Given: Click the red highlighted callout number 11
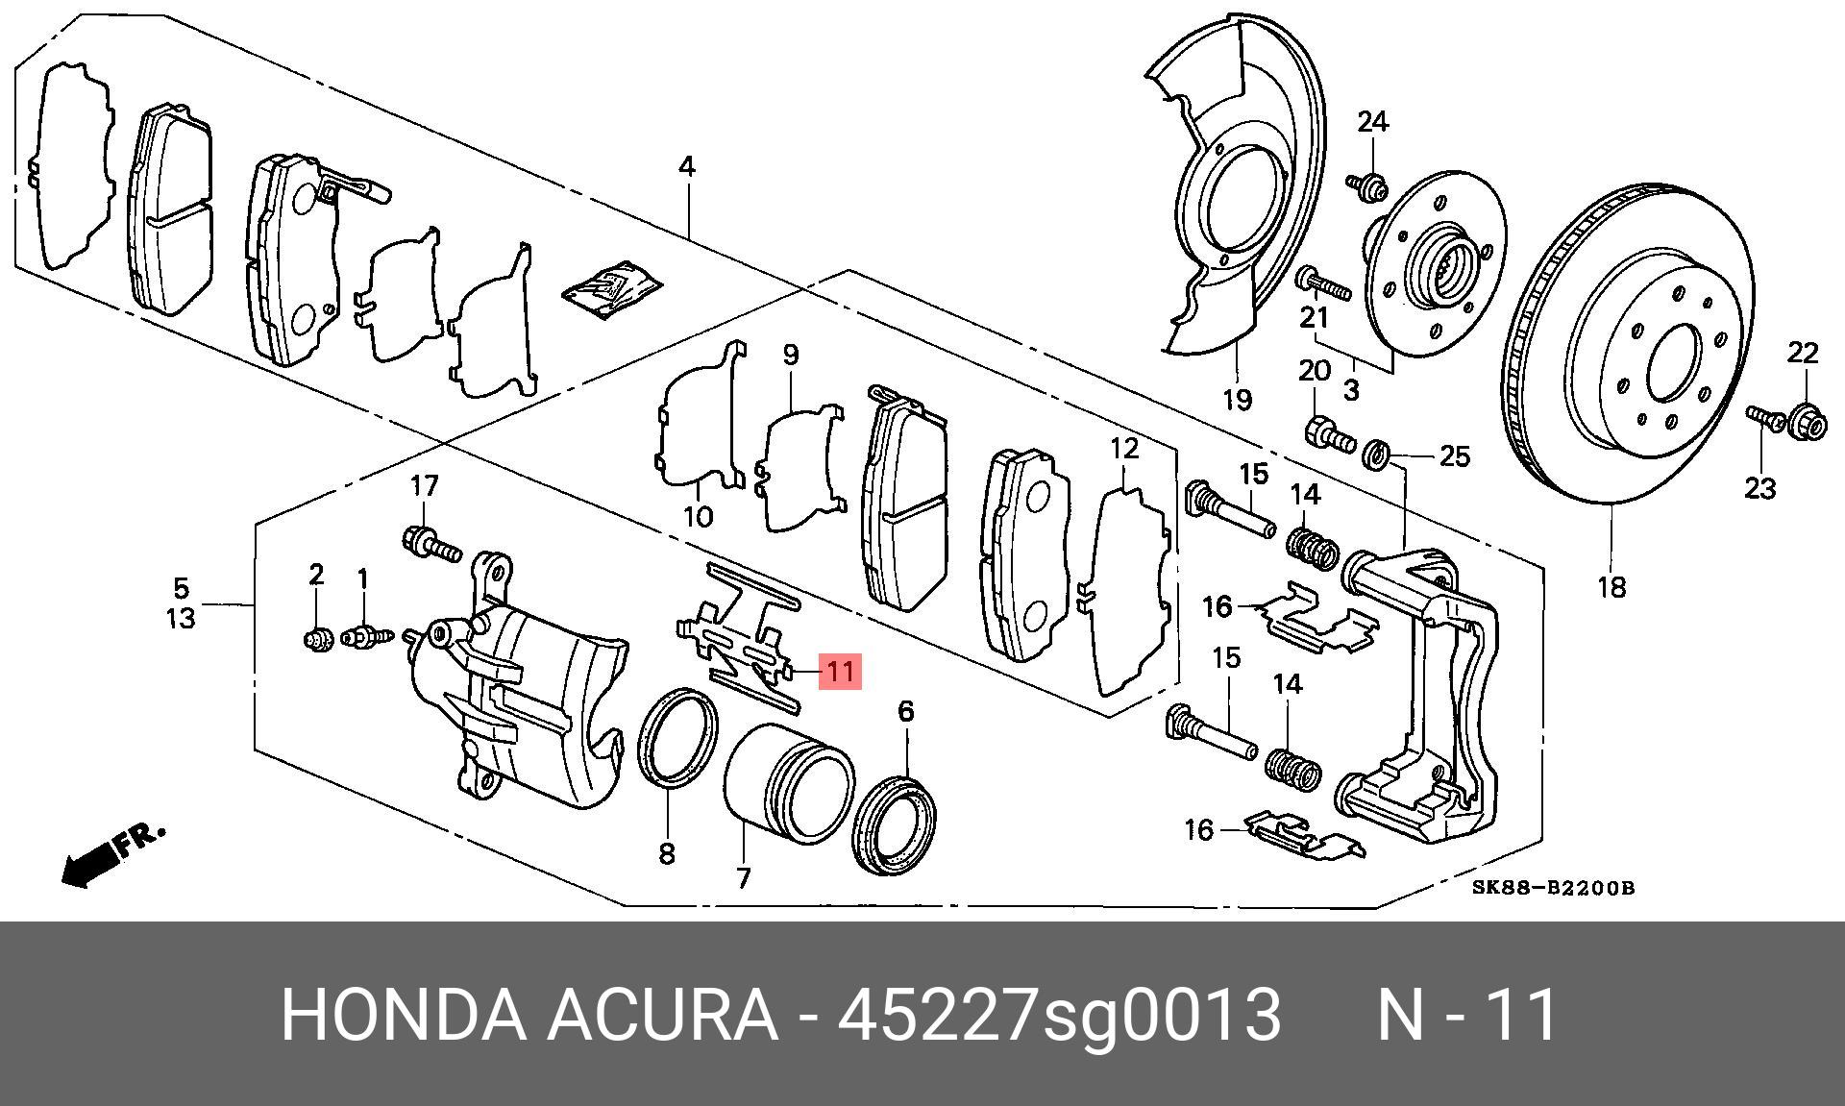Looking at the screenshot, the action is point(840,671).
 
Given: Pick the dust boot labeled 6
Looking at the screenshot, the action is point(896,825).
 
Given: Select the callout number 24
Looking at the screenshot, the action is point(1373,122).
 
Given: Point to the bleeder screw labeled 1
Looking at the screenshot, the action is point(368,635).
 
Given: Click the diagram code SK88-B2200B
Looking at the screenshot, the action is point(1553,888).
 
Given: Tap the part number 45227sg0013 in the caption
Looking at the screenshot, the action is point(1059,1015).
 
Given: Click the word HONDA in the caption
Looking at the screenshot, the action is point(404,1015).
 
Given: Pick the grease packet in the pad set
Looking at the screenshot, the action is point(611,287).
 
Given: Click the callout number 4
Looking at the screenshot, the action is point(686,166).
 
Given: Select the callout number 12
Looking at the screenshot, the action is point(1124,448).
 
